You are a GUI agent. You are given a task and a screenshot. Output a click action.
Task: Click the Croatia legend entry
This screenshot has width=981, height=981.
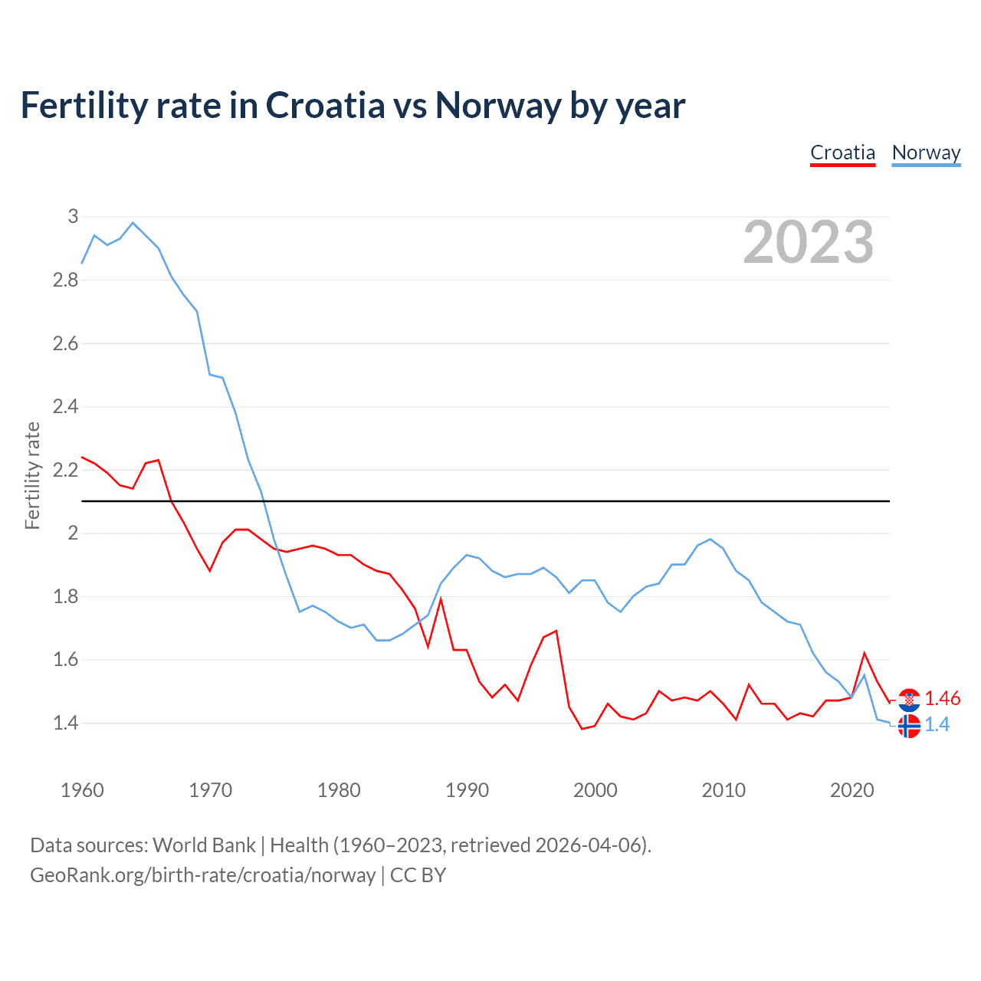[x=842, y=153]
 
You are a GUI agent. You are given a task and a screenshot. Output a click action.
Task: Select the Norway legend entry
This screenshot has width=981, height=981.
[x=926, y=153]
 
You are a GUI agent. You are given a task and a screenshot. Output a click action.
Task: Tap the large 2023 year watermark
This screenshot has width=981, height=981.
[x=808, y=242]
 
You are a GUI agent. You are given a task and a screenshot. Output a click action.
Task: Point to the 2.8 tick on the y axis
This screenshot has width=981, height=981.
[x=65, y=281]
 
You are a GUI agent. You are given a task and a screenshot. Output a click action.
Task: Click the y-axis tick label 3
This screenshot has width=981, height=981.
[x=73, y=217]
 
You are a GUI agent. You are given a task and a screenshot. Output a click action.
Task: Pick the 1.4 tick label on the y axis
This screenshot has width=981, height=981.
[x=65, y=723]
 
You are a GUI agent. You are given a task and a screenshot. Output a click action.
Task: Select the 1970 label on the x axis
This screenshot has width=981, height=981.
[x=210, y=790]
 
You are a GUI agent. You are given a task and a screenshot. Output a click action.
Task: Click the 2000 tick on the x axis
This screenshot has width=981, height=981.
[x=595, y=790]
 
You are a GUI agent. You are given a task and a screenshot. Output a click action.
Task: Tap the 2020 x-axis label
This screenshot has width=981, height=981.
[x=851, y=790]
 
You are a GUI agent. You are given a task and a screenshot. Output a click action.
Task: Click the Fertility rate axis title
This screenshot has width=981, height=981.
[x=32, y=475]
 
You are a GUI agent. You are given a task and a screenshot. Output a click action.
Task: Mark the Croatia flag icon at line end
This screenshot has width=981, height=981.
[x=909, y=699]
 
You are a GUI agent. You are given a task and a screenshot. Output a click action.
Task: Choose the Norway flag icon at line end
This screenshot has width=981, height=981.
[x=909, y=726]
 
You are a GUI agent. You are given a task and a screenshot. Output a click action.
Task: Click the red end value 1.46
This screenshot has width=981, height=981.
[x=942, y=698]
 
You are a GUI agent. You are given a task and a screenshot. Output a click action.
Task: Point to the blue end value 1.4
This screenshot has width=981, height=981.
[x=937, y=725]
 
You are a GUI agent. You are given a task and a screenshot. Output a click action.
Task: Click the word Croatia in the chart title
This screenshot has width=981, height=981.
[x=325, y=106]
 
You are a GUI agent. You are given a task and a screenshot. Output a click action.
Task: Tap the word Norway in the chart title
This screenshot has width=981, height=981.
[x=498, y=106]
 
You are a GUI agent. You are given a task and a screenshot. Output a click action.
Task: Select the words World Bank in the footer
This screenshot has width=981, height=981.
[x=204, y=845]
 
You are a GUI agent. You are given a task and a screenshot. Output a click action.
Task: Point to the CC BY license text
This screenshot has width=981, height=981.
[x=418, y=875]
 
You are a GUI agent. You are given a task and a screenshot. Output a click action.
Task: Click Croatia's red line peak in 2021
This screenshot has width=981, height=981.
[x=865, y=653]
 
